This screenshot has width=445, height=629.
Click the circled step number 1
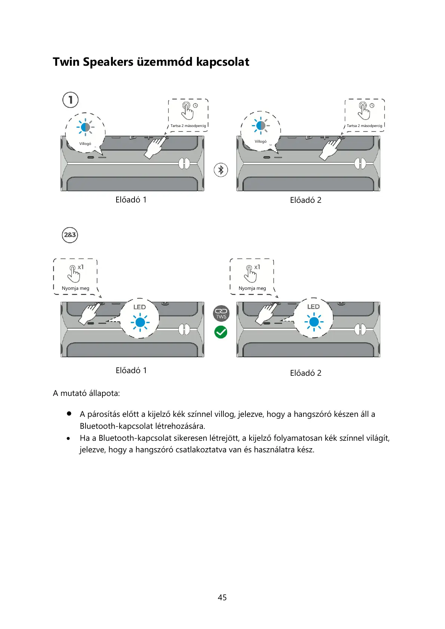pos(70,100)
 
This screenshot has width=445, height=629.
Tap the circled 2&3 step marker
pos(70,235)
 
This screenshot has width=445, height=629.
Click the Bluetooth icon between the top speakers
pos(221,170)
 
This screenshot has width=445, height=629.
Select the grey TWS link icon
pos(221,313)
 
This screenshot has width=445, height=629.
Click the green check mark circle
pos(221,332)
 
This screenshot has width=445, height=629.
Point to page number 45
pos(222,598)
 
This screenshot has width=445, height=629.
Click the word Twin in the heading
pos(66,62)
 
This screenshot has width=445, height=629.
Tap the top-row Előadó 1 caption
pos(131,200)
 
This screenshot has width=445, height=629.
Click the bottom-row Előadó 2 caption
pos(306,373)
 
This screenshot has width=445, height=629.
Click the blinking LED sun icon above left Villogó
pos(85,127)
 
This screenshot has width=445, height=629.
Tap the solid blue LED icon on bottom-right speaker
pos(314,322)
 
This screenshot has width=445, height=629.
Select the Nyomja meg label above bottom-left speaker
pos(75,288)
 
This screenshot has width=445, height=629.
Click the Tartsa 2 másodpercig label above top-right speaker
pos(364,126)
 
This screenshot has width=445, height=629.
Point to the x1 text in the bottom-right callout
pos(257,267)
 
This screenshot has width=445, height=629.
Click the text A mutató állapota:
pos(86,393)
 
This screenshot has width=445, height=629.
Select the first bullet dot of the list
pos(69,414)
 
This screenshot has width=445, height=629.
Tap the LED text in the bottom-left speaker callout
pos(139,307)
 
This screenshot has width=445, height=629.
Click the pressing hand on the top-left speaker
pos(154,148)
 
